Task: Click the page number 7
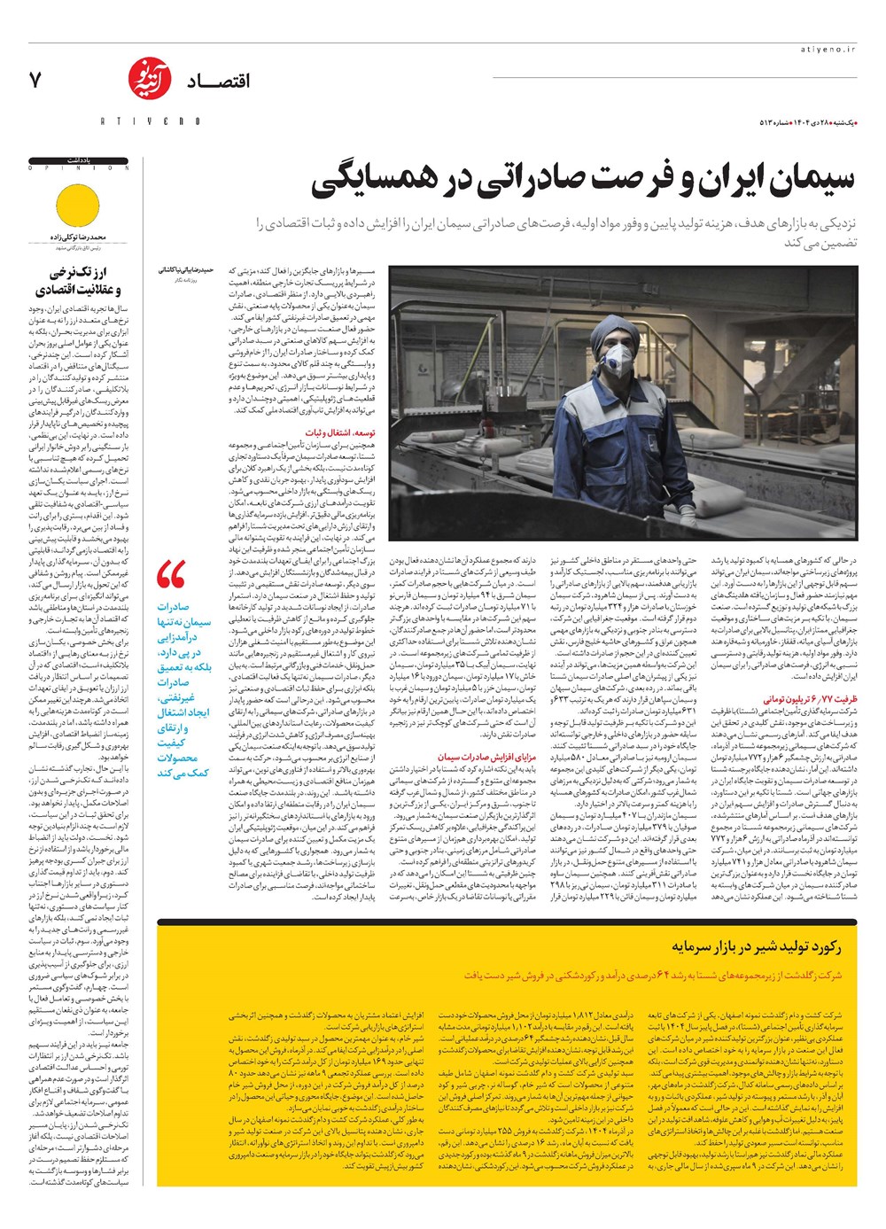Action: tap(35, 80)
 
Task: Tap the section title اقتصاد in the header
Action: tap(218, 82)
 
